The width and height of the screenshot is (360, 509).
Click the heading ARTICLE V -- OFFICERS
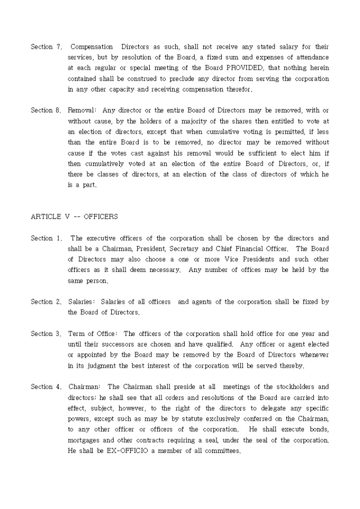(74, 216)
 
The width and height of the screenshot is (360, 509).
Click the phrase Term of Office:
(93, 333)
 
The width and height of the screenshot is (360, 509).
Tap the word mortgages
(85, 440)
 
